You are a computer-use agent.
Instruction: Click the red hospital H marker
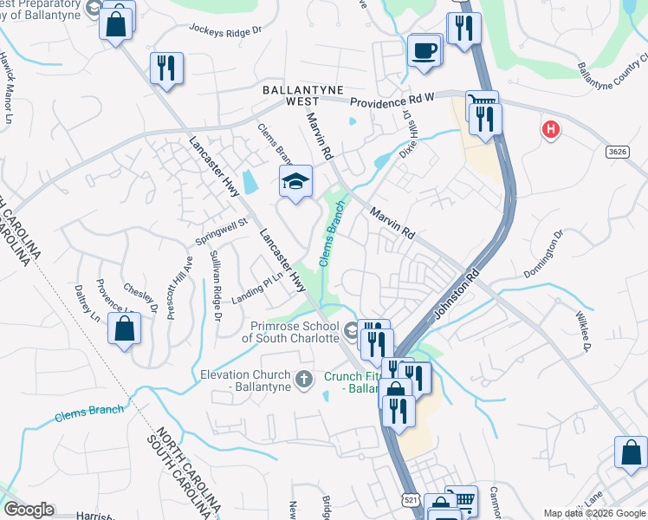(x=549, y=130)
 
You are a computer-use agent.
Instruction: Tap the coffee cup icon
(x=424, y=49)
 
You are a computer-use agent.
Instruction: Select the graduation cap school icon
(x=295, y=181)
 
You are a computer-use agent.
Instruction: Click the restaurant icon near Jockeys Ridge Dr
(x=166, y=68)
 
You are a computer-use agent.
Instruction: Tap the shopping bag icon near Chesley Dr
(x=125, y=328)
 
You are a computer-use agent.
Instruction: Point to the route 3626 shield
(x=618, y=151)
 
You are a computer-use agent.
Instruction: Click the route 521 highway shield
(x=411, y=500)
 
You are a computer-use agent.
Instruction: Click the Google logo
(x=29, y=510)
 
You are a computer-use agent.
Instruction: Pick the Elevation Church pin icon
(x=303, y=379)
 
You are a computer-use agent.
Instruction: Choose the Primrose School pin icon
(x=350, y=330)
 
